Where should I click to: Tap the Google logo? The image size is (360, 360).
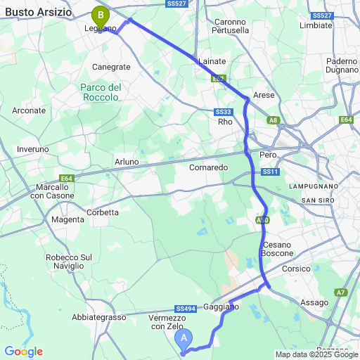click(23, 352)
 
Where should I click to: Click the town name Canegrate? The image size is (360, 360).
click(112, 67)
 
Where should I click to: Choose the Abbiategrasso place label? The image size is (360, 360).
click(99, 317)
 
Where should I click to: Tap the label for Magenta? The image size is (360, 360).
click(68, 220)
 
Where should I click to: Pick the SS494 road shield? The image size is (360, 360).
click(185, 309)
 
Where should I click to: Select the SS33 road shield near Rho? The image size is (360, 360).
click(224, 112)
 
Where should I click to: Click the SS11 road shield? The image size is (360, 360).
click(271, 172)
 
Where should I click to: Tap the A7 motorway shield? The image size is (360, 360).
click(340, 292)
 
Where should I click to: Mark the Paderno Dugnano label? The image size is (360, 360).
click(342, 67)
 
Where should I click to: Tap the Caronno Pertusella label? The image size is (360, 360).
click(231, 26)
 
